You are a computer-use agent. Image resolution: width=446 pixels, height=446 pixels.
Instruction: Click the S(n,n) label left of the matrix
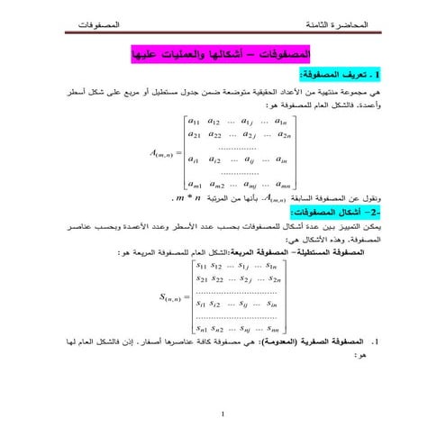[x=175, y=296]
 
